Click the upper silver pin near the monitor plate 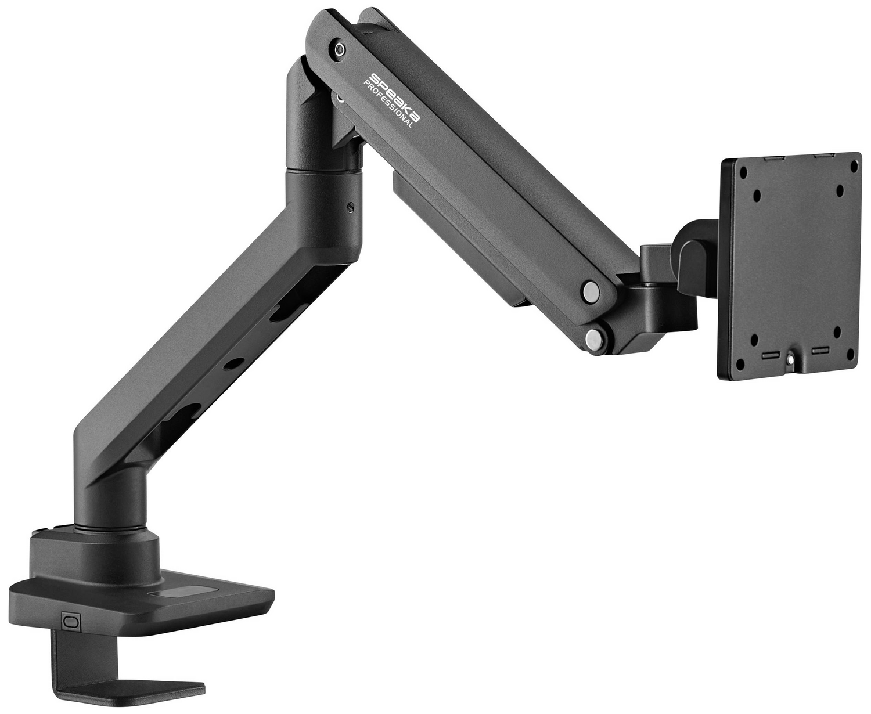tap(591, 289)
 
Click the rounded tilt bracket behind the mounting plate tap(697, 244)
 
